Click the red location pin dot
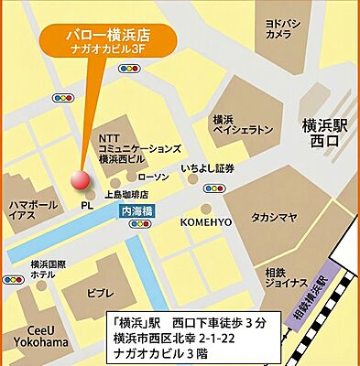[x=80, y=178]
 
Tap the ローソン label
[x=153, y=177]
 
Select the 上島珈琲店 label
[x=126, y=194]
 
